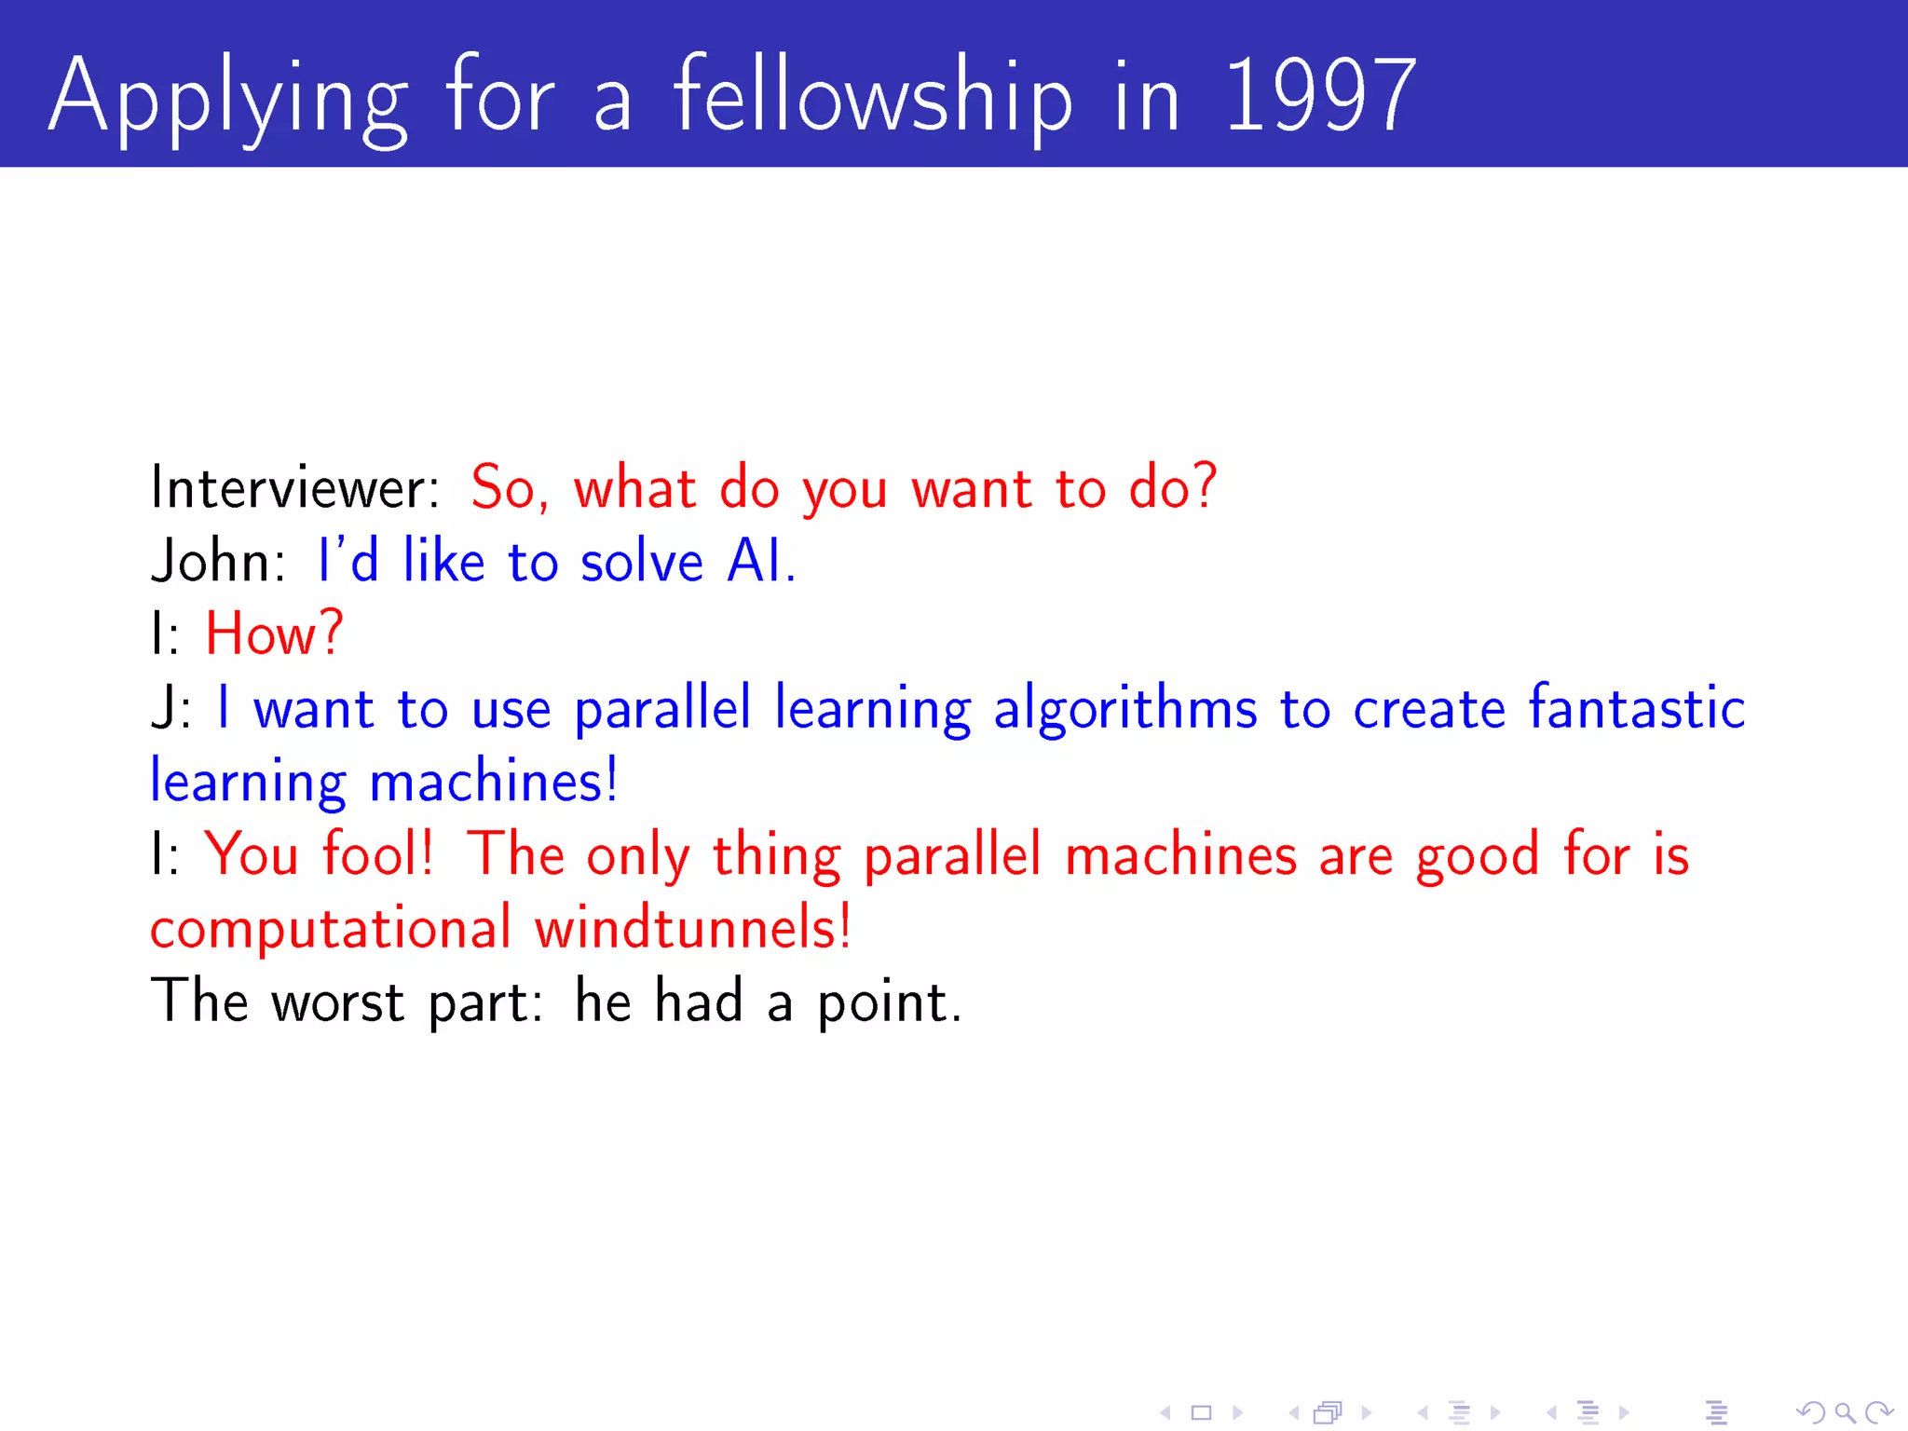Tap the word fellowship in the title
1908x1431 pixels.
click(x=872, y=96)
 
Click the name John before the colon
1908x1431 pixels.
click(x=212, y=562)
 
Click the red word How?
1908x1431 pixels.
click(x=274, y=634)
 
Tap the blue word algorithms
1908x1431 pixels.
click(x=1124, y=710)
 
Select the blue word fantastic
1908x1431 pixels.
click(x=1636, y=708)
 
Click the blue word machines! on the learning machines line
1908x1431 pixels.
click(x=494, y=781)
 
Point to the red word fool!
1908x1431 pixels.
click(x=378, y=854)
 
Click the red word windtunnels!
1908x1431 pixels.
click(x=692, y=928)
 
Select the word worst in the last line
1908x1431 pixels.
click(x=337, y=1002)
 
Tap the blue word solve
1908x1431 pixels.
click(x=641, y=562)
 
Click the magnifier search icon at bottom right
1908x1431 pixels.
click(x=1844, y=1413)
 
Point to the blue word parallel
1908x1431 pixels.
click(x=661, y=710)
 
